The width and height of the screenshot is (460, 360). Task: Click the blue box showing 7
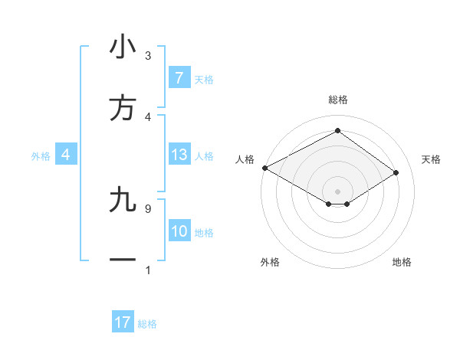coord(179,77)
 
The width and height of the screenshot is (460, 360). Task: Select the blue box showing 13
coord(179,155)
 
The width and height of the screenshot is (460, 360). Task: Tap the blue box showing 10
coord(179,231)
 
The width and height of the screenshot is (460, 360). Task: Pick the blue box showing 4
coord(66,155)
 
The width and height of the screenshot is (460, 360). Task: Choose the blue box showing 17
coord(123,323)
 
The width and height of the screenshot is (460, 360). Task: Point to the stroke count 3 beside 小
coord(147,56)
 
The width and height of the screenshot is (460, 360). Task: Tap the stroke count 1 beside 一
coord(147,270)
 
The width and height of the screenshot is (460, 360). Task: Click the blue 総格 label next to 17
coord(147,324)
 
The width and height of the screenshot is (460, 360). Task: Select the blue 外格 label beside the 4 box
coord(41,155)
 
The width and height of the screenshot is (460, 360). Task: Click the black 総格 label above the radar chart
coord(337,100)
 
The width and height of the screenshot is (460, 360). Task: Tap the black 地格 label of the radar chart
coord(402,262)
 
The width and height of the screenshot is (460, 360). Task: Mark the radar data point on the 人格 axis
coord(264,167)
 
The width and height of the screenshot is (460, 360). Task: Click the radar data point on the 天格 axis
coord(396,173)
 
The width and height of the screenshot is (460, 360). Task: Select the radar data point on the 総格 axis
coord(337,131)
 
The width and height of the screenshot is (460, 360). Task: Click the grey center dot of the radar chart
coord(337,191)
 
